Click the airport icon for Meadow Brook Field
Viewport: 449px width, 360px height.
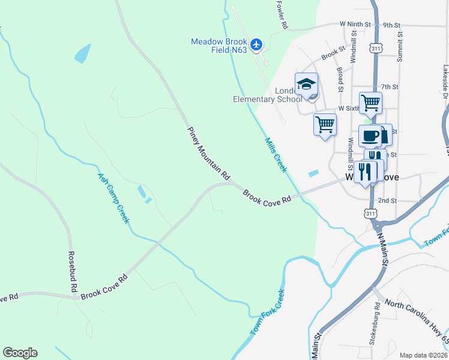257,44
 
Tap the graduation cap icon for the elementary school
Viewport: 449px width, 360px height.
306,83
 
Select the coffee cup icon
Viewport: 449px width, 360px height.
370,135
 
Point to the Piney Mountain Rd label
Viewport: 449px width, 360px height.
208,154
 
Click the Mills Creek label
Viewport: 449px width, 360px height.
276,155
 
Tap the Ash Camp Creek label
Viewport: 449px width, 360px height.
113,199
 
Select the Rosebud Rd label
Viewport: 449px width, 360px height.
73,271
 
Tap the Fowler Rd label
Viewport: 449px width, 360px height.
282,15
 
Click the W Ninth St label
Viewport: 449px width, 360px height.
355,25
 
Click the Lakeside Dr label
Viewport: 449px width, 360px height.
445,82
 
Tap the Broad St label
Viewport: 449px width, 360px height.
340,79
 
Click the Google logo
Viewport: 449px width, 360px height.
20,353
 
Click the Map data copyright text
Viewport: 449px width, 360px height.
423,355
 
